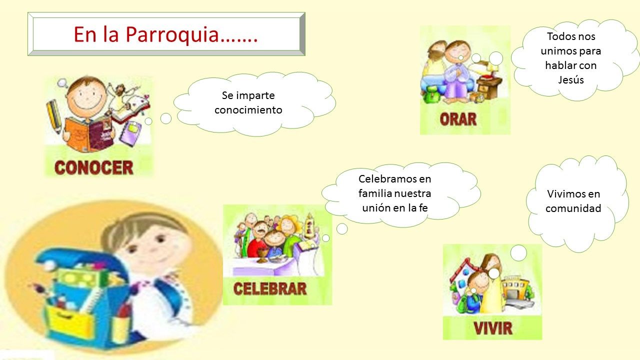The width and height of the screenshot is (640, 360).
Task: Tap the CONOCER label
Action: point(94,167)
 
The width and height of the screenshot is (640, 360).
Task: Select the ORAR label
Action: point(458,119)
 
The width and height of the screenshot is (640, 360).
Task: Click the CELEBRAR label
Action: point(270,289)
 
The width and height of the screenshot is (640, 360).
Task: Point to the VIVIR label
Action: point(493,328)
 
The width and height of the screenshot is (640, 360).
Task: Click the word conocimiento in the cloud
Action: point(248,110)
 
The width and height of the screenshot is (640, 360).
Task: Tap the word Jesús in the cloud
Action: point(571,79)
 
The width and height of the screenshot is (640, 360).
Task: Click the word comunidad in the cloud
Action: point(573,208)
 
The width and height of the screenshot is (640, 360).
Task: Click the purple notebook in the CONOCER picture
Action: point(130,133)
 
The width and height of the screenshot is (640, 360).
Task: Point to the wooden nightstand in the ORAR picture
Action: point(488,86)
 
